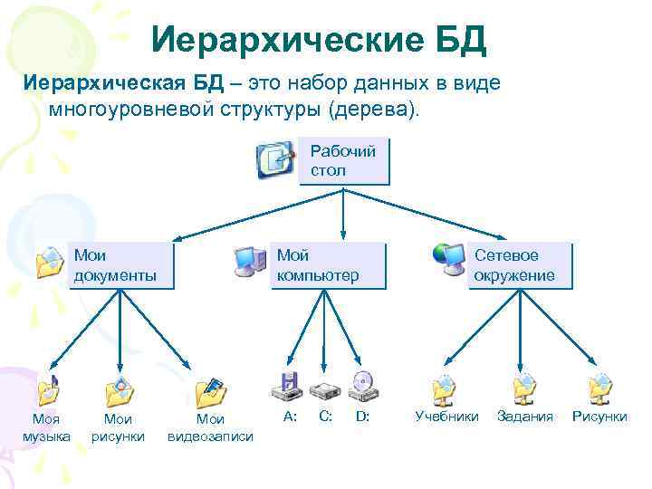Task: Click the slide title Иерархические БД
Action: (x=319, y=39)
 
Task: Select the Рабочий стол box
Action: (x=343, y=161)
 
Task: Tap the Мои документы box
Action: (x=120, y=264)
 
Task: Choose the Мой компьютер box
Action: (x=329, y=264)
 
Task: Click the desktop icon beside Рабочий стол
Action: (x=275, y=160)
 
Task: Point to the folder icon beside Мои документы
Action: (x=50, y=262)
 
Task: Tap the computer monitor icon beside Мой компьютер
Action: (x=249, y=261)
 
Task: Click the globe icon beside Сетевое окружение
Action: (x=447, y=258)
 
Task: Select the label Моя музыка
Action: (x=46, y=427)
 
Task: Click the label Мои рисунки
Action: (x=119, y=427)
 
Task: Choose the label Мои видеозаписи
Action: (x=211, y=427)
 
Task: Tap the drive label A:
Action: (x=290, y=417)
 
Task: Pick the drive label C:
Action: (x=326, y=417)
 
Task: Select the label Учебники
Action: (x=446, y=417)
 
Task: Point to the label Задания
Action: (x=525, y=417)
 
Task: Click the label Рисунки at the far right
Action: (x=599, y=417)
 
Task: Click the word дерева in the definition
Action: (x=380, y=110)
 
